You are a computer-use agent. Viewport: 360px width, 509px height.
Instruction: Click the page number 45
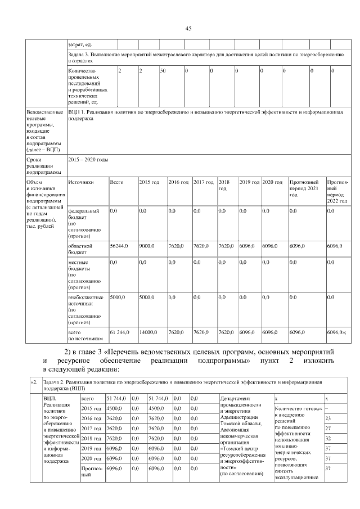point(188,29)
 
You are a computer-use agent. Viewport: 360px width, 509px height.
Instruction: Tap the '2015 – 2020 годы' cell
point(88,160)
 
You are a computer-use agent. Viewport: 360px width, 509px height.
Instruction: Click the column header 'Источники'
point(80,183)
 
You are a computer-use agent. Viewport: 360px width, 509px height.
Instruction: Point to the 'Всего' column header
point(116,183)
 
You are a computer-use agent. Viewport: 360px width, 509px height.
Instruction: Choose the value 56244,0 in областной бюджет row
point(119,246)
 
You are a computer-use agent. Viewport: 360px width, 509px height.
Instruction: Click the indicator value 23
point(328,418)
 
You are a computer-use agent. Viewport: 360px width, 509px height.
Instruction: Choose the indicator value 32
point(328,439)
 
